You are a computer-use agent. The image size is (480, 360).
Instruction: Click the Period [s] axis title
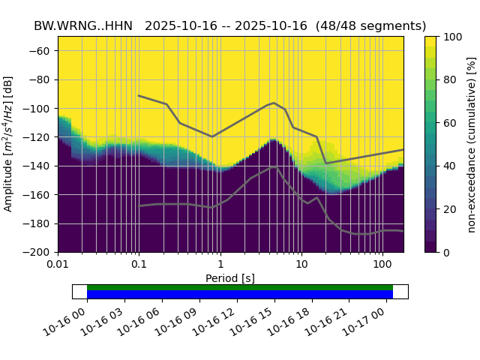(x=230, y=278)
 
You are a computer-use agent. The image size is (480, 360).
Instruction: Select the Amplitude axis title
(x=9, y=144)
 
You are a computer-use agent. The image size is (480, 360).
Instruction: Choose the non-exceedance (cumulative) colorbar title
(x=472, y=144)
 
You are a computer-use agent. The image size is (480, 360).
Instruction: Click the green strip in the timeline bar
(x=240, y=287)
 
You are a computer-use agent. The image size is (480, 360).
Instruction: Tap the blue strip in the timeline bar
(x=240, y=295)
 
